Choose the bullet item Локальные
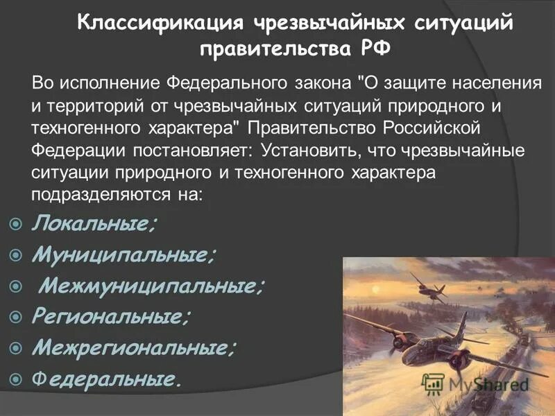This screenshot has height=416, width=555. pos(94,223)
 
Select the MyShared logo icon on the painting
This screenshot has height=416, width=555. pos(433,384)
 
